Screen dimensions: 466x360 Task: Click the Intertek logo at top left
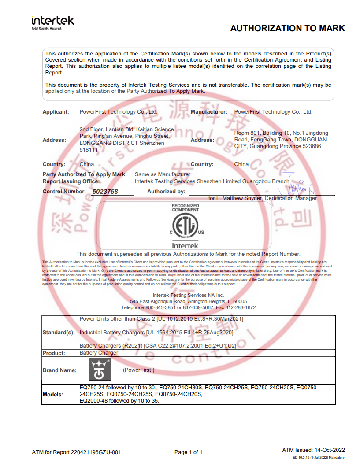coord(53,22)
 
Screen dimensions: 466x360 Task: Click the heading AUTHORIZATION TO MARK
coord(287,29)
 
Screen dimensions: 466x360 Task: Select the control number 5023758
coord(105,192)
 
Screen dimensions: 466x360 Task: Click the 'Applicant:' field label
coord(56,112)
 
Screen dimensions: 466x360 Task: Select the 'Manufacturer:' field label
coord(209,112)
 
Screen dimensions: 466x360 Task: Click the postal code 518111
coord(88,150)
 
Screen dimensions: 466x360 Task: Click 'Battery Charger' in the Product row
coord(99,353)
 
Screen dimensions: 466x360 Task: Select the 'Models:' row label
coord(53,394)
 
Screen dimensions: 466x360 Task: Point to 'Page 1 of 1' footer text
coord(189,452)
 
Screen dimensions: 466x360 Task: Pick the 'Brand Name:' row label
coord(59,370)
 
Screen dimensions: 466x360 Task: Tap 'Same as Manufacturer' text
coord(163,174)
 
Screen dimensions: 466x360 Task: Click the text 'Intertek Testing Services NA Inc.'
coord(188,295)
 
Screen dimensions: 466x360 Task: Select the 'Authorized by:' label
coord(166,192)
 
